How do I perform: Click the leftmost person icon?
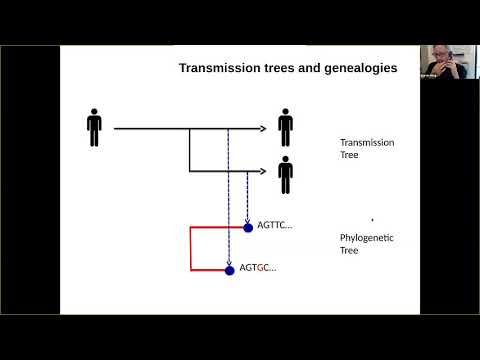pos(95,127)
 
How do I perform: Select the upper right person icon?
pos(286,127)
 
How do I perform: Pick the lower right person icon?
pos(286,174)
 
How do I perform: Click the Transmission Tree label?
pos(367,149)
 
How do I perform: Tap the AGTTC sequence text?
pos(274,226)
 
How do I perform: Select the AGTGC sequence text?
pos(257,268)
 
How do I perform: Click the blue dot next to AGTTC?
pos(248,227)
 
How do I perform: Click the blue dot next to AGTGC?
pos(230,268)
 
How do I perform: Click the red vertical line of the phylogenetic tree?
pos(190,248)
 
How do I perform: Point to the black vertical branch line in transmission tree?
pos(190,150)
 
